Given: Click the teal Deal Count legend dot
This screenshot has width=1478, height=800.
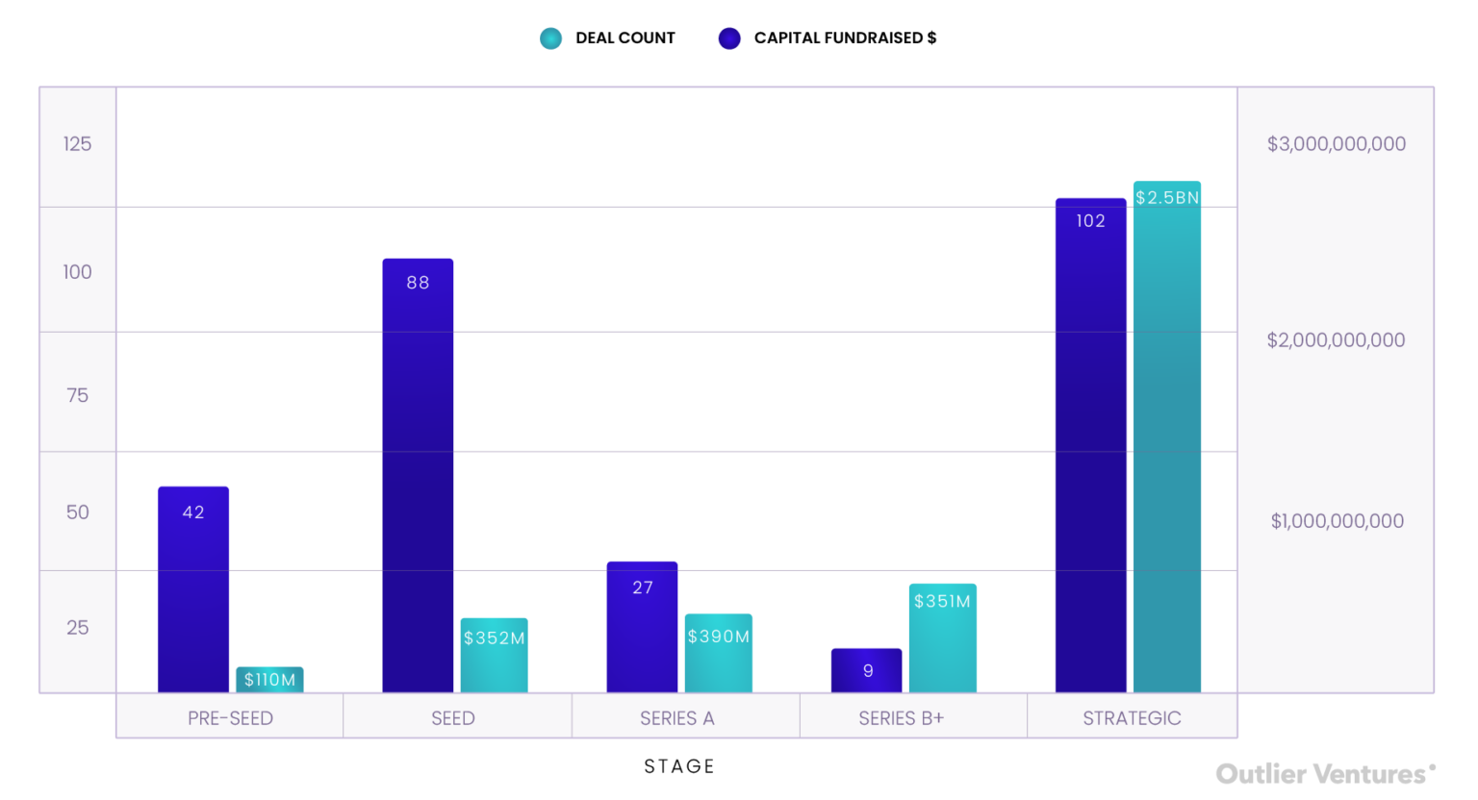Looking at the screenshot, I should [x=550, y=38].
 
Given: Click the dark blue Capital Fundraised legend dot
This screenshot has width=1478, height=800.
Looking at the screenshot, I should [x=729, y=38].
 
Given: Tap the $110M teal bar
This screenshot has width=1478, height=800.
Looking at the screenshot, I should [x=269, y=680].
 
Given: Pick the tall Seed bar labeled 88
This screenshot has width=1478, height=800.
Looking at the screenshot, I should [x=418, y=475].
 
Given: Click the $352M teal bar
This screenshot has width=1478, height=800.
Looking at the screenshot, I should [x=494, y=655].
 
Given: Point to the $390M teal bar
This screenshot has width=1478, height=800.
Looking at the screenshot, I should [x=718, y=653].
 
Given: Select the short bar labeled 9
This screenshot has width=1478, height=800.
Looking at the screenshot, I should [x=866, y=670].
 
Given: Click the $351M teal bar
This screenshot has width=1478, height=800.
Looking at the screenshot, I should [x=942, y=637].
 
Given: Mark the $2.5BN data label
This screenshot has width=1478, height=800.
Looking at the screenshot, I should [x=1167, y=198].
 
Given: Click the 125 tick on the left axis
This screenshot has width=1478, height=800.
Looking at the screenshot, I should [x=77, y=144].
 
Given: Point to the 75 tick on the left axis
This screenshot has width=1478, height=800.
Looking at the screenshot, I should [x=77, y=395].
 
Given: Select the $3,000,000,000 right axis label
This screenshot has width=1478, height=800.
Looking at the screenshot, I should [x=1336, y=144].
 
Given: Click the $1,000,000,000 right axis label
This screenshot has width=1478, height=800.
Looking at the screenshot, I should [x=1337, y=521].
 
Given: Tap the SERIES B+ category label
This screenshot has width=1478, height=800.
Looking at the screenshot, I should [x=901, y=718].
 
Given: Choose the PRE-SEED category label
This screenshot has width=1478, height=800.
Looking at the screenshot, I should [x=230, y=718].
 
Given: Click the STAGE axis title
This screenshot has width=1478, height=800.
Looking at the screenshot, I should [x=679, y=766].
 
